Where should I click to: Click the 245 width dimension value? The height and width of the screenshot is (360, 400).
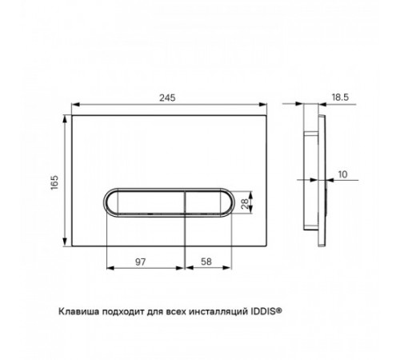pyautogui.click(x=167, y=98)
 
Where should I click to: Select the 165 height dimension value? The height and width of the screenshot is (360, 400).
pyautogui.click(x=54, y=182)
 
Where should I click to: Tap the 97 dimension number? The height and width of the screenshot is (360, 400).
pyautogui.click(x=141, y=262)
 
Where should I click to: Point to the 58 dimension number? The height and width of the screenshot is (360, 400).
pyautogui.click(x=206, y=262)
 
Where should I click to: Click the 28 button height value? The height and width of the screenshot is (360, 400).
pyautogui.click(x=245, y=204)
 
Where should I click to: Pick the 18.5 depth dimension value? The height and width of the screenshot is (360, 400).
pyautogui.click(x=340, y=97)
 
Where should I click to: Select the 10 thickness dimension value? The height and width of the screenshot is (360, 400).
pyautogui.click(x=342, y=174)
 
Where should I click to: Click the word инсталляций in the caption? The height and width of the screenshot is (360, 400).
pyautogui.click(x=218, y=312)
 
